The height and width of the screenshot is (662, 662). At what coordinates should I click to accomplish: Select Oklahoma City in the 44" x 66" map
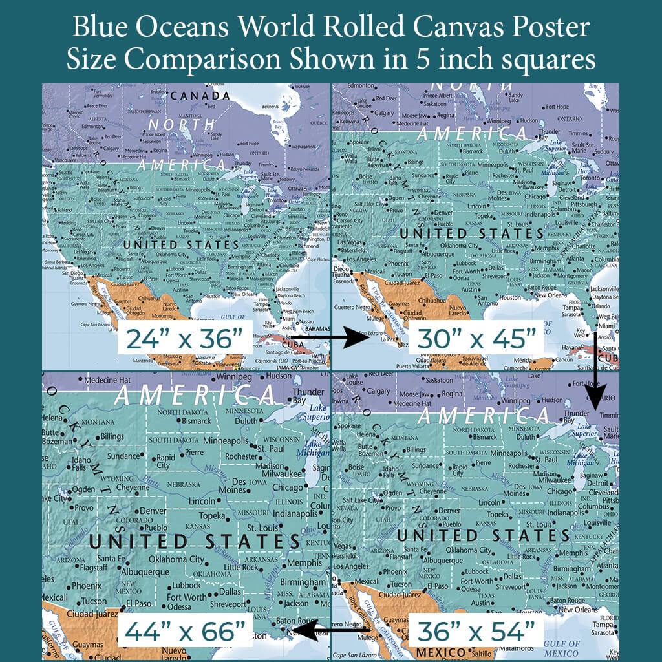click(176, 559)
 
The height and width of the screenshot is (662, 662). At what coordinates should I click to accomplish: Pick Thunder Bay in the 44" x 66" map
click(308, 396)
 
